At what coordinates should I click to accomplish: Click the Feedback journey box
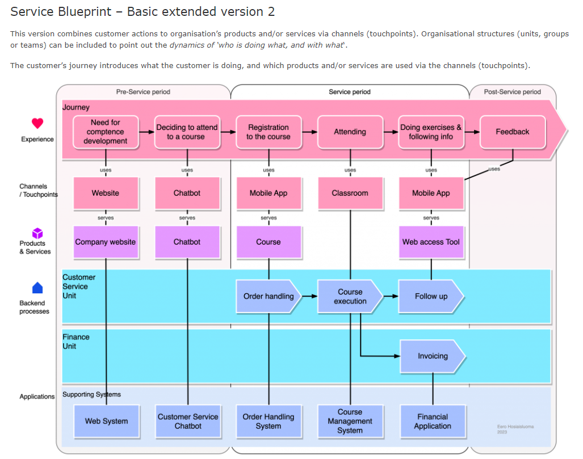click(513, 132)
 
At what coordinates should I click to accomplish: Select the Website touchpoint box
click(106, 193)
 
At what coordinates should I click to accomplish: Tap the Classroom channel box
click(350, 193)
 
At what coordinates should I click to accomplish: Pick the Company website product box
click(106, 242)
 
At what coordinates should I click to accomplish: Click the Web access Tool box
click(431, 242)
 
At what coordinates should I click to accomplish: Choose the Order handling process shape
click(269, 296)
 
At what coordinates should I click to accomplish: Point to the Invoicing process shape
click(433, 356)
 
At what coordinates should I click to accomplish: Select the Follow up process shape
click(431, 296)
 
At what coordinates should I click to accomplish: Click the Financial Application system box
click(433, 422)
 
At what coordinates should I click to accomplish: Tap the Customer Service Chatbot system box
click(188, 422)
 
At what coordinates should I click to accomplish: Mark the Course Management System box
click(350, 422)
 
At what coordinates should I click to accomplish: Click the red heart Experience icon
click(37, 123)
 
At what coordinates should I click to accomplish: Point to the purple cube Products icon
click(37, 233)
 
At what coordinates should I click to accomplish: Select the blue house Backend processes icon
click(37, 288)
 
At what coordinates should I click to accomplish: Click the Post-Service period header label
click(512, 92)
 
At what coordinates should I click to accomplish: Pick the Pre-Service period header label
click(143, 92)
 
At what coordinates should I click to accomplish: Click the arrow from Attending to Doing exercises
click(390, 132)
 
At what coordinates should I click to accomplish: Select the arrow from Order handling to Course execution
click(309, 296)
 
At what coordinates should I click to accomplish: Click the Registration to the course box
click(269, 132)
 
